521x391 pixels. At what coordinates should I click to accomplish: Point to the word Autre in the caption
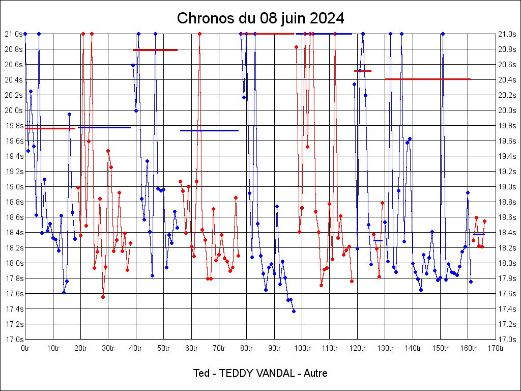[x=315, y=373]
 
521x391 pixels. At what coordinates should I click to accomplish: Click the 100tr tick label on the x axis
[x=302, y=348]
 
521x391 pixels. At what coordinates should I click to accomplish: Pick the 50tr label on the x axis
[x=163, y=348]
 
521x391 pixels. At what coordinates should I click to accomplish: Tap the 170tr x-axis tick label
[x=496, y=348]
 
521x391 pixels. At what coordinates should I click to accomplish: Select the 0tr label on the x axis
[x=25, y=348]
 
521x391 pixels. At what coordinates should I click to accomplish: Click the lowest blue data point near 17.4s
[x=294, y=311]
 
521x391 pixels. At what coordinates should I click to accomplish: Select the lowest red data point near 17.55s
[x=103, y=297]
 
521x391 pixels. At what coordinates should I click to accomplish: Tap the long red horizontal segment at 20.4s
[x=427, y=79]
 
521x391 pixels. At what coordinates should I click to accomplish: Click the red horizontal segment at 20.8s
[x=155, y=50]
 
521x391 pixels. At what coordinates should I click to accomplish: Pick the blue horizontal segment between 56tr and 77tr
[x=209, y=130]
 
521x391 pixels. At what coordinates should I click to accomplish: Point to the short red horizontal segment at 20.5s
[x=363, y=71]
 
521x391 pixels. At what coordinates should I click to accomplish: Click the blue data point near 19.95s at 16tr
[x=69, y=114]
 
